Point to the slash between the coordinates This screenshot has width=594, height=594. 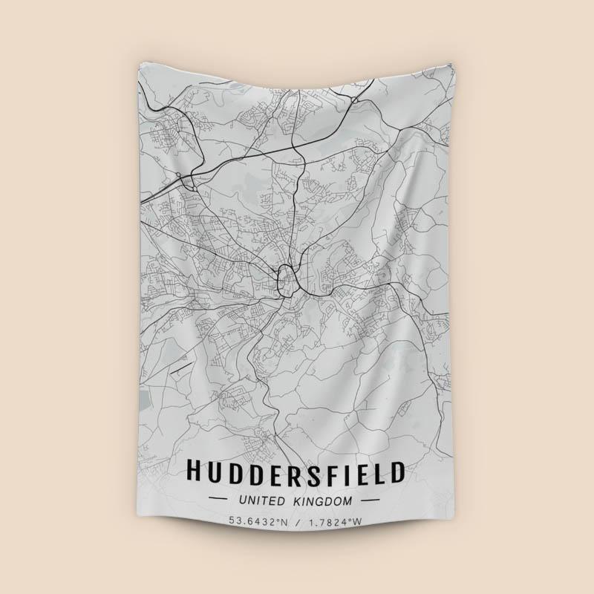click(x=297, y=521)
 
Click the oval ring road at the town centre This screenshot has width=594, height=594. click(x=285, y=279)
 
